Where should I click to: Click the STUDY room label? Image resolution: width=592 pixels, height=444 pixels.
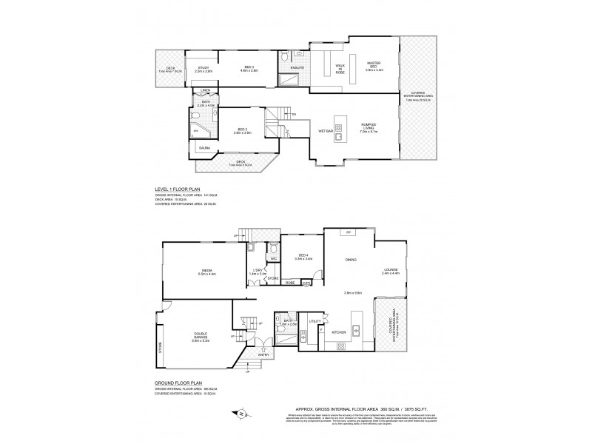click(x=201, y=67)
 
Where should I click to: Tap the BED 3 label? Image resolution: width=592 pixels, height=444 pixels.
click(x=249, y=67)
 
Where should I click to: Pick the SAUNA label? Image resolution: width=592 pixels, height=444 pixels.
click(x=203, y=148)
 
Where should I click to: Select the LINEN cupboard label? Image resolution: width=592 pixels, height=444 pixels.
click(x=205, y=91)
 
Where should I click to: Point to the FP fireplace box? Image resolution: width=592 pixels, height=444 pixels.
click(x=347, y=232)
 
